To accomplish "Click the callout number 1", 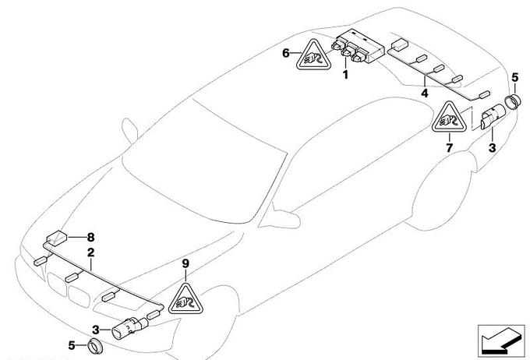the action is pos(345,74).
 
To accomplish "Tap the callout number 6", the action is pos(286,53).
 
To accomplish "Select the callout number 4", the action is pos(425,93).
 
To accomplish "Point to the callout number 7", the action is pos(449,148).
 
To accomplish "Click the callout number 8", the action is pos(90,238).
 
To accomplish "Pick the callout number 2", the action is pos(90,252).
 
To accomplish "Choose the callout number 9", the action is pos(185,263).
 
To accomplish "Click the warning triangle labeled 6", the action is pos(313,57).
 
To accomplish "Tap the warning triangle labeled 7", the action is pos(450,118).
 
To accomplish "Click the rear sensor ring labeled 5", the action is pos(512,102).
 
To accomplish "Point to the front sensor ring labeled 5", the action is pos(95,345).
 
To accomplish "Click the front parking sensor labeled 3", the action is pos(130,327).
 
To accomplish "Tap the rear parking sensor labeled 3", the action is pos(493,117).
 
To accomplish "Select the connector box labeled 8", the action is pos(56,237).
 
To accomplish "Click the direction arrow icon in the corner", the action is pos(501,341).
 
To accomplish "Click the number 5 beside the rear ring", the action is pos(514,78).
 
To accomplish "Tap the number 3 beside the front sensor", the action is pos(96,330).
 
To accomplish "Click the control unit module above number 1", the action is pos(359,47).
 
